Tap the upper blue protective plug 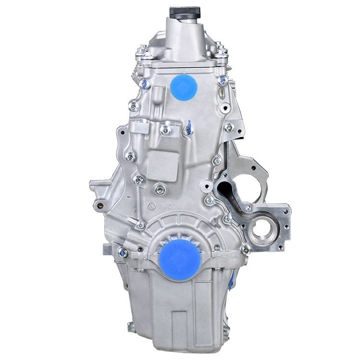[184, 87]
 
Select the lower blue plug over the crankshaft [180, 259]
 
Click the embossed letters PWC [165, 206]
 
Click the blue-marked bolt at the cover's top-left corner [144, 84]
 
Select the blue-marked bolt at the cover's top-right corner [222, 80]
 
